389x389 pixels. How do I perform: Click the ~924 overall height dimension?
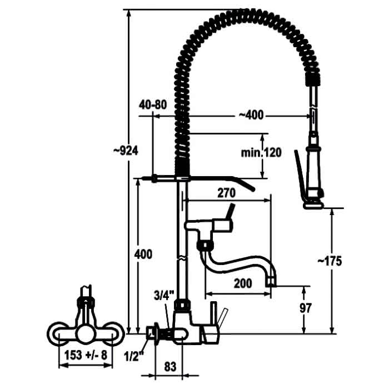click(x=126, y=151)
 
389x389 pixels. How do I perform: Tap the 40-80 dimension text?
click(x=153, y=105)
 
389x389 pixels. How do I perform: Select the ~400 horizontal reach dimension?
click(x=251, y=115)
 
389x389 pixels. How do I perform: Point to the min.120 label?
click(x=261, y=153)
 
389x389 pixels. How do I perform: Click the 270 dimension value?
click(x=226, y=193)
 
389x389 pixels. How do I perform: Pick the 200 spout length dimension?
click(x=243, y=283)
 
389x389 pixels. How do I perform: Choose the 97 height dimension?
click(x=306, y=308)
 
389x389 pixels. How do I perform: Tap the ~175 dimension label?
click(x=330, y=261)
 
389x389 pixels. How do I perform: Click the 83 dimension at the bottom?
click(x=170, y=367)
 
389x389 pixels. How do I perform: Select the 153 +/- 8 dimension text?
click(x=86, y=355)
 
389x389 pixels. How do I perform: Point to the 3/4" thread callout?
click(x=164, y=295)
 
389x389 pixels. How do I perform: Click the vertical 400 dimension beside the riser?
click(x=143, y=255)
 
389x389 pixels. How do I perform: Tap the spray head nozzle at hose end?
click(x=313, y=205)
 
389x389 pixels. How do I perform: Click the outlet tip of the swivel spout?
click(x=271, y=283)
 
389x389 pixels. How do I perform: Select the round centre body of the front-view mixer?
click(x=86, y=334)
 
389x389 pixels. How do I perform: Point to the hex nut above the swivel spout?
click(x=205, y=245)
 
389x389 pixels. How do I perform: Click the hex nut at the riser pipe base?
click(x=183, y=305)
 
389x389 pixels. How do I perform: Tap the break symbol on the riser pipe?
click(x=182, y=258)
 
